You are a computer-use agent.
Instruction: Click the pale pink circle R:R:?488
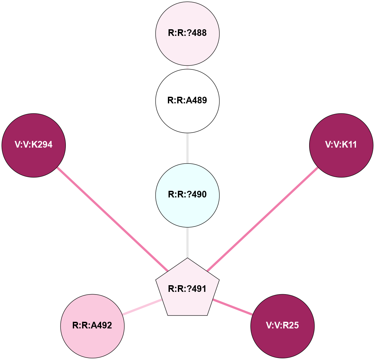[x=187, y=33]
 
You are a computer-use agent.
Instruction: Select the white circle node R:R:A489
[x=187, y=100]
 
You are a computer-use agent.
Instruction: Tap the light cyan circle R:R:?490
[x=187, y=194]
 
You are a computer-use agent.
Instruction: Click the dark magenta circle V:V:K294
[x=34, y=145]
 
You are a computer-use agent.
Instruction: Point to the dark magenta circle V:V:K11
[x=341, y=145]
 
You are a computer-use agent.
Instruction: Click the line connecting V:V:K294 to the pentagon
[x=112, y=219]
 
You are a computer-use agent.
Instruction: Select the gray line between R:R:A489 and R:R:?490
[x=187, y=148]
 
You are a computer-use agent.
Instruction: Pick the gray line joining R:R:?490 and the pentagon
[x=187, y=242]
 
